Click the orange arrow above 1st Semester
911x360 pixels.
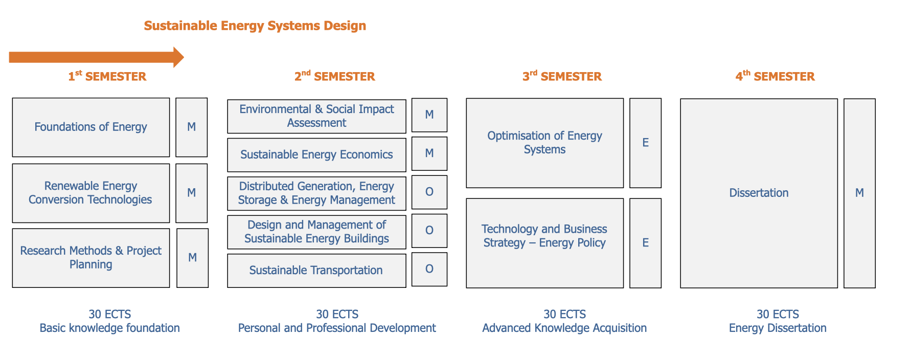(96, 57)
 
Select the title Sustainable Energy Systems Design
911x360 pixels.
(255, 26)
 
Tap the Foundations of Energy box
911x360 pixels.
(91, 127)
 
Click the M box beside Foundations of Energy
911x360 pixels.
(192, 127)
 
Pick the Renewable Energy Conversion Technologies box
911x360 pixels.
(91, 193)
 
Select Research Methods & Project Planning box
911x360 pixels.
(91, 258)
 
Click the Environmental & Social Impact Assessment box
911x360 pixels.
(316, 116)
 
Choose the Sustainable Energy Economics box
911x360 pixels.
(316, 155)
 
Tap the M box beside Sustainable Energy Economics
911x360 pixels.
(429, 153)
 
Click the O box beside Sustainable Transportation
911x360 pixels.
(429, 269)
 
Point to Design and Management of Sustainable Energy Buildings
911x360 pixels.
(316, 232)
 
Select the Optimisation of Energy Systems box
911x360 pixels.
(545, 143)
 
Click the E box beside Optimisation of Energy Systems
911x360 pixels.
(646, 143)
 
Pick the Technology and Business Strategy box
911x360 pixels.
(545, 243)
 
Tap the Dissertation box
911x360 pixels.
(759, 193)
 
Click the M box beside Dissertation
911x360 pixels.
(860, 193)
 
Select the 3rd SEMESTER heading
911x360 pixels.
(562, 76)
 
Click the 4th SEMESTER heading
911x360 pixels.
(775, 76)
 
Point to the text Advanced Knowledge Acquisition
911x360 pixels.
(564, 328)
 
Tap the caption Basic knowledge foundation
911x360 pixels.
(110, 328)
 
